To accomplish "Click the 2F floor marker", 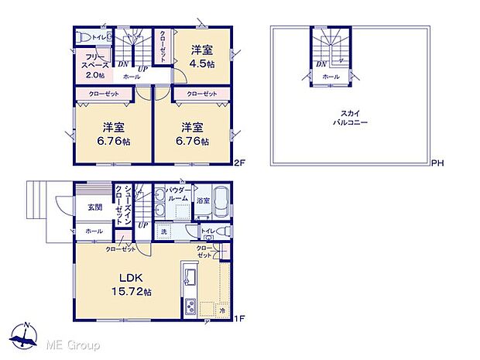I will coord(241,163).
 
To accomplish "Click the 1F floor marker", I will coord(240,317).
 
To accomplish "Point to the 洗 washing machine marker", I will coord(163,231).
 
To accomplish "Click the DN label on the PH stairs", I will coord(320,64).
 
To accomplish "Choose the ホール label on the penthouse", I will coord(331,77).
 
